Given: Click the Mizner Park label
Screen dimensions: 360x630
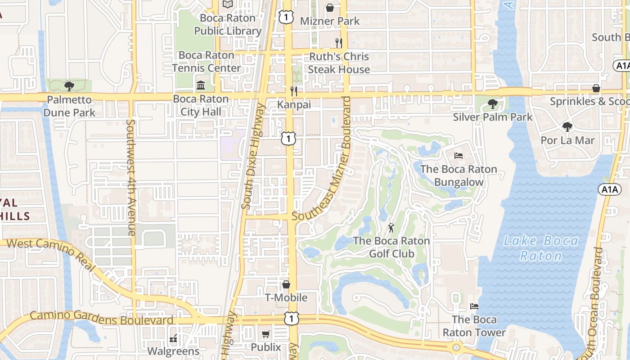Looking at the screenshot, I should pos(330,21).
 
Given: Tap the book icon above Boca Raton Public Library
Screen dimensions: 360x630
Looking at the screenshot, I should pos(228,4).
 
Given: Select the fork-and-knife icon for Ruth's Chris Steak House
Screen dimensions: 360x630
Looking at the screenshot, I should pos(339,43).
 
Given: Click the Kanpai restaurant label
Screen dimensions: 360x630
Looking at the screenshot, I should pos(294,104).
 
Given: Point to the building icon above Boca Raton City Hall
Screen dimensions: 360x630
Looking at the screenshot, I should pos(201,85).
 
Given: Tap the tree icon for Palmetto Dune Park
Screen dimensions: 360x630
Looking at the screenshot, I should pos(69,86).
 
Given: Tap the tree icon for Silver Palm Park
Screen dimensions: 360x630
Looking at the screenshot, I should pos(493,104).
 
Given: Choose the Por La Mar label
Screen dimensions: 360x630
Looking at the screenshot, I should pos(567,140).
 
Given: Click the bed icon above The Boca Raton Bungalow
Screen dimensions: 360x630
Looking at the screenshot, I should pos(458,156).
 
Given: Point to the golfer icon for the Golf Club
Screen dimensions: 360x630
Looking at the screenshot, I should pos(391,227).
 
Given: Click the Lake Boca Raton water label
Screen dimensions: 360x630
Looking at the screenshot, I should pos(540,248).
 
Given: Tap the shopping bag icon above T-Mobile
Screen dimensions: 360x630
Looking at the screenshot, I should pos(286,284).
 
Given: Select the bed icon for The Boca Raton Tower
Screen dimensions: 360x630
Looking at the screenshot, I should pos(474,306).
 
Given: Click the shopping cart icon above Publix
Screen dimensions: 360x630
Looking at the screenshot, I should pos(265,334).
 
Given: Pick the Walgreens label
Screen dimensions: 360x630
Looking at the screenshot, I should pos(173,351).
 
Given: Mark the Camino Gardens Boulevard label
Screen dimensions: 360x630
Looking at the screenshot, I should pos(101,318).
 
